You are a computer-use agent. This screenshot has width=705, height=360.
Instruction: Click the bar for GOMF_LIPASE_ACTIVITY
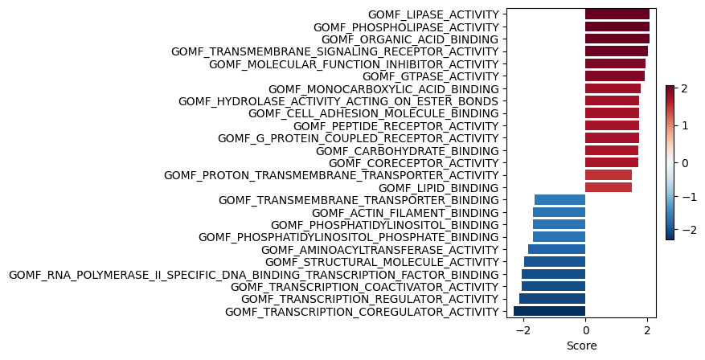(617, 14)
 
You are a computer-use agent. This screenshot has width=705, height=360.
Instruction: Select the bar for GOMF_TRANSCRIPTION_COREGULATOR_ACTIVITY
(549, 311)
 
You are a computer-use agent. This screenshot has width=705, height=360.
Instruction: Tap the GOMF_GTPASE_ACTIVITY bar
(615, 76)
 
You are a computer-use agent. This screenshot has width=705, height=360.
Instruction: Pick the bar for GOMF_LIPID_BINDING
(609, 187)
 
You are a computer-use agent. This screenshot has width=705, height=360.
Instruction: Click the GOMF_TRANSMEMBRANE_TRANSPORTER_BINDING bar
(559, 199)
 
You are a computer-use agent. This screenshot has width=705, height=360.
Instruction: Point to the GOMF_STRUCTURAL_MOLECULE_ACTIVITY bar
(555, 262)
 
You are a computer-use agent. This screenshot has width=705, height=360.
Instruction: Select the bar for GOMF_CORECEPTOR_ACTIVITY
(612, 162)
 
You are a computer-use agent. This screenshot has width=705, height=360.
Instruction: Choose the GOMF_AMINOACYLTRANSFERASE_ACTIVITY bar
(556, 249)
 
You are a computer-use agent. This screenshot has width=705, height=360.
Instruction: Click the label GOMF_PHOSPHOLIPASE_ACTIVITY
(406, 27)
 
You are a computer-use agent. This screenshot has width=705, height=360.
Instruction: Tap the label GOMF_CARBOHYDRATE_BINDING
(408, 151)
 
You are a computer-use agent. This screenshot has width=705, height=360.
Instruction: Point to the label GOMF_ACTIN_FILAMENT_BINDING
(405, 213)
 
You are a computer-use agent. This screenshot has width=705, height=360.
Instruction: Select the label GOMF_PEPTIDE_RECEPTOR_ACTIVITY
(396, 126)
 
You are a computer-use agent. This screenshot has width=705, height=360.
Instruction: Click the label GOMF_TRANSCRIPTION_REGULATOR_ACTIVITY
(370, 299)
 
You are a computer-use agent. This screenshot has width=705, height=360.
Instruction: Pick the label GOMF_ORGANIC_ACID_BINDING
(410, 39)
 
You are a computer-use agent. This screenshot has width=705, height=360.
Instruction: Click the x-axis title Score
(582, 346)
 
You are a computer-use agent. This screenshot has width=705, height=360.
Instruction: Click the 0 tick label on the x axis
(585, 331)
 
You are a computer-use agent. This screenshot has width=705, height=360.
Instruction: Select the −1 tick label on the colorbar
(688, 197)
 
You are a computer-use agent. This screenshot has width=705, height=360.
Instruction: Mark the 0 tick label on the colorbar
(685, 163)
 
